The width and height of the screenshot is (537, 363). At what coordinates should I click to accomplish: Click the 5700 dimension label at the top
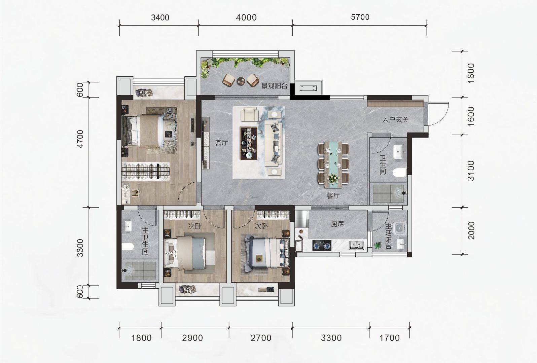pyautogui.click(x=360, y=17)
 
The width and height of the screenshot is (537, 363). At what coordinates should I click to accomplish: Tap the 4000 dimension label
pyautogui.click(x=246, y=17)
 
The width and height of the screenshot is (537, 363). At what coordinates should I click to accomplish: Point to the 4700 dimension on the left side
pyautogui.click(x=80, y=139)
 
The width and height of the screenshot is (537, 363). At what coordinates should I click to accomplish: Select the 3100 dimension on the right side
pyautogui.click(x=471, y=171)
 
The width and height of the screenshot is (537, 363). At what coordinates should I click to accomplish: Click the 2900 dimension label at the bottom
pyautogui.click(x=192, y=338)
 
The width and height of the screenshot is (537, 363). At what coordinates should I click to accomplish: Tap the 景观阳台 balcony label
pyautogui.click(x=274, y=85)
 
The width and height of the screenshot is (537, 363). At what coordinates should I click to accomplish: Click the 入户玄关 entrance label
pyautogui.click(x=395, y=119)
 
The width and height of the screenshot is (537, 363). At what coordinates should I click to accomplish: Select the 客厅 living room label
pyautogui.click(x=221, y=143)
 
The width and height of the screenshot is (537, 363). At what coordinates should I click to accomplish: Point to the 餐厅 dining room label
pyautogui.click(x=333, y=196)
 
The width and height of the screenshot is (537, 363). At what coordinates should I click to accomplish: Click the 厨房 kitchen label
pyautogui.click(x=337, y=224)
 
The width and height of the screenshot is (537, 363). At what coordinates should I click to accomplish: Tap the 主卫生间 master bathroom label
pyautogui.click(x=145, y=241)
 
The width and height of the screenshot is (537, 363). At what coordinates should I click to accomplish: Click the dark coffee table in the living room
pyautogui.click(x=248, y=143)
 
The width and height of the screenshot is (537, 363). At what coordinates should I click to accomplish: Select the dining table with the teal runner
pyautogui.click(x=333, y=164)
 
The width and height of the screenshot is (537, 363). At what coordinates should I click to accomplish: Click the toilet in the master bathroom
pyautogui.click(x=128, y=247)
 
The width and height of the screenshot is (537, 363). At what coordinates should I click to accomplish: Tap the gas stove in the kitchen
pyautogui.click(x=322, y=246)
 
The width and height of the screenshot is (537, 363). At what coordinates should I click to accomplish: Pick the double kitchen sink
pyautogui.click(x=356, y=245)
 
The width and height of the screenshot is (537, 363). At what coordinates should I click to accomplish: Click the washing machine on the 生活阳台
pyautogui.click(x=400, y=228)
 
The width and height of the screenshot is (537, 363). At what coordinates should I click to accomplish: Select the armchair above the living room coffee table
pyautogui.click(x=250, y=114)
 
